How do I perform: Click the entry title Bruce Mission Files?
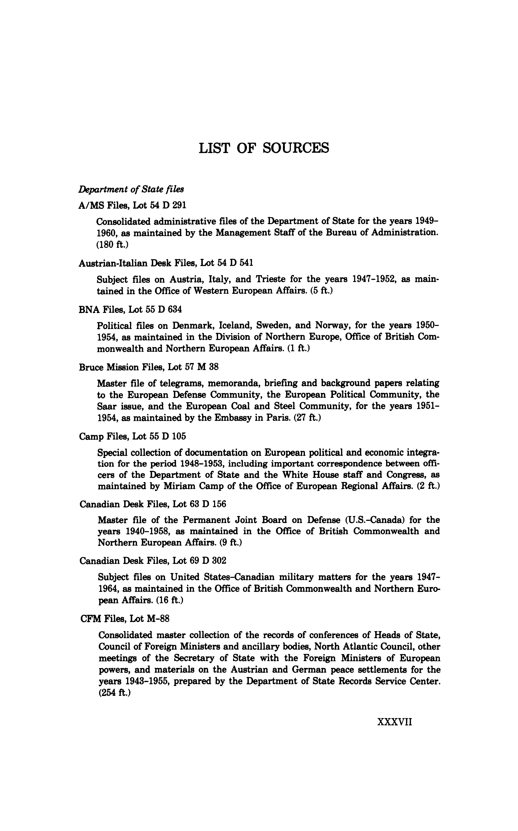click(149, 367)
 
